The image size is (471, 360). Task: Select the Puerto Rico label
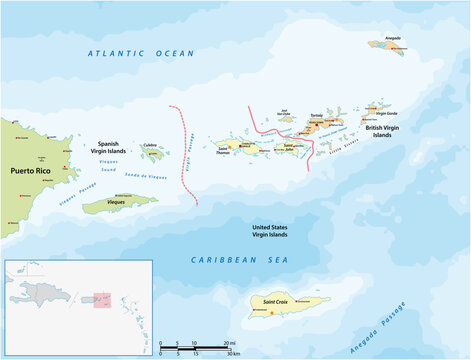29,171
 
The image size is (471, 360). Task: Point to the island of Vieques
120,204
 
